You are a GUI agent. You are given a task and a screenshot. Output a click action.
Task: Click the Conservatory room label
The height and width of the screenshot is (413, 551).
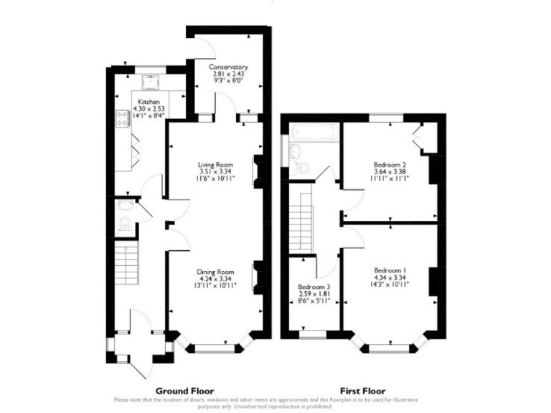229,67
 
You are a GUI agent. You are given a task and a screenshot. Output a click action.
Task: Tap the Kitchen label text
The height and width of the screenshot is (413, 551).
149,102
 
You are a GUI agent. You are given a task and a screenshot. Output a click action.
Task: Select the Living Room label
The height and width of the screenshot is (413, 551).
216,165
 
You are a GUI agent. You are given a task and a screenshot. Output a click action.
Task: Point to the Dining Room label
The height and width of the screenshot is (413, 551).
216,272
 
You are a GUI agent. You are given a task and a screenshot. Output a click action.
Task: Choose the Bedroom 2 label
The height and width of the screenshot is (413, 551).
390,164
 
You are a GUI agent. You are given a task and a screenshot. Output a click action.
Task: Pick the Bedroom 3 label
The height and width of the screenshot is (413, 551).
314,288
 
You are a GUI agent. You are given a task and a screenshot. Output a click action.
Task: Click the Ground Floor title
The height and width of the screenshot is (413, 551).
184,391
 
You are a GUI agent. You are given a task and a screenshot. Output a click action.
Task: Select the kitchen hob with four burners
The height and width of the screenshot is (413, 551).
122,118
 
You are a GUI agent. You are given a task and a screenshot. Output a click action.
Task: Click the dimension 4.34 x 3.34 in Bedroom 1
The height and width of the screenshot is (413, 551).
390,278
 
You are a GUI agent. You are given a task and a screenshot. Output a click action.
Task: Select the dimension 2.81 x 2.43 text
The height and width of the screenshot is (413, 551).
229,75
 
